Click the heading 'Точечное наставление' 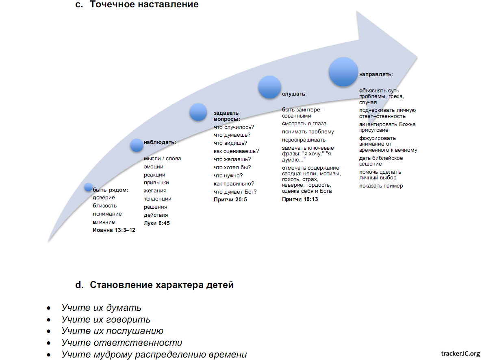pyautogui.click(x=144, y=5)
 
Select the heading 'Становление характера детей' pyautogui.click(x=162, y=285)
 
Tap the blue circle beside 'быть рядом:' pyautogui.click(x=88, y=187)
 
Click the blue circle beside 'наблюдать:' pyautogui.click(x=137, y=145)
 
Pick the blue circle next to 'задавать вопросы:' pyautogui.click(x=198, y=112)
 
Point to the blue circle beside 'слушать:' pyautogui.click(x=270, y=87)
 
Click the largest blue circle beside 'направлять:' pyautogui.click(x=343, y=72)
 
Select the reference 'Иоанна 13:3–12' pyautogui.click(x=114, y=230)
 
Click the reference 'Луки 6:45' pyautogui.click(x=156, y=223)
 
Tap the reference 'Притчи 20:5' pyautogui.click(x=230, y=200)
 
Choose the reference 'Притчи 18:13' pyautogui.click(x=300, y=199)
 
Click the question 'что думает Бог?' pyautogui.click(x=235, y=192)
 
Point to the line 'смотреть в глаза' pyautogui.click(x=304, y=124)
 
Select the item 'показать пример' pyautogui.click(x=381, y=186)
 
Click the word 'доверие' pyautogui.click(x=104, y=198)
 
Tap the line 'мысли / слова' pyautogui.click(x=162, y=159)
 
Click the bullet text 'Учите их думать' pyautogui.click(x=101, y=308)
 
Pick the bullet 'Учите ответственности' pyautogui.click(x=122, y=343)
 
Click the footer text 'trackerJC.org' pyautogui.click(x=460, y=353)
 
